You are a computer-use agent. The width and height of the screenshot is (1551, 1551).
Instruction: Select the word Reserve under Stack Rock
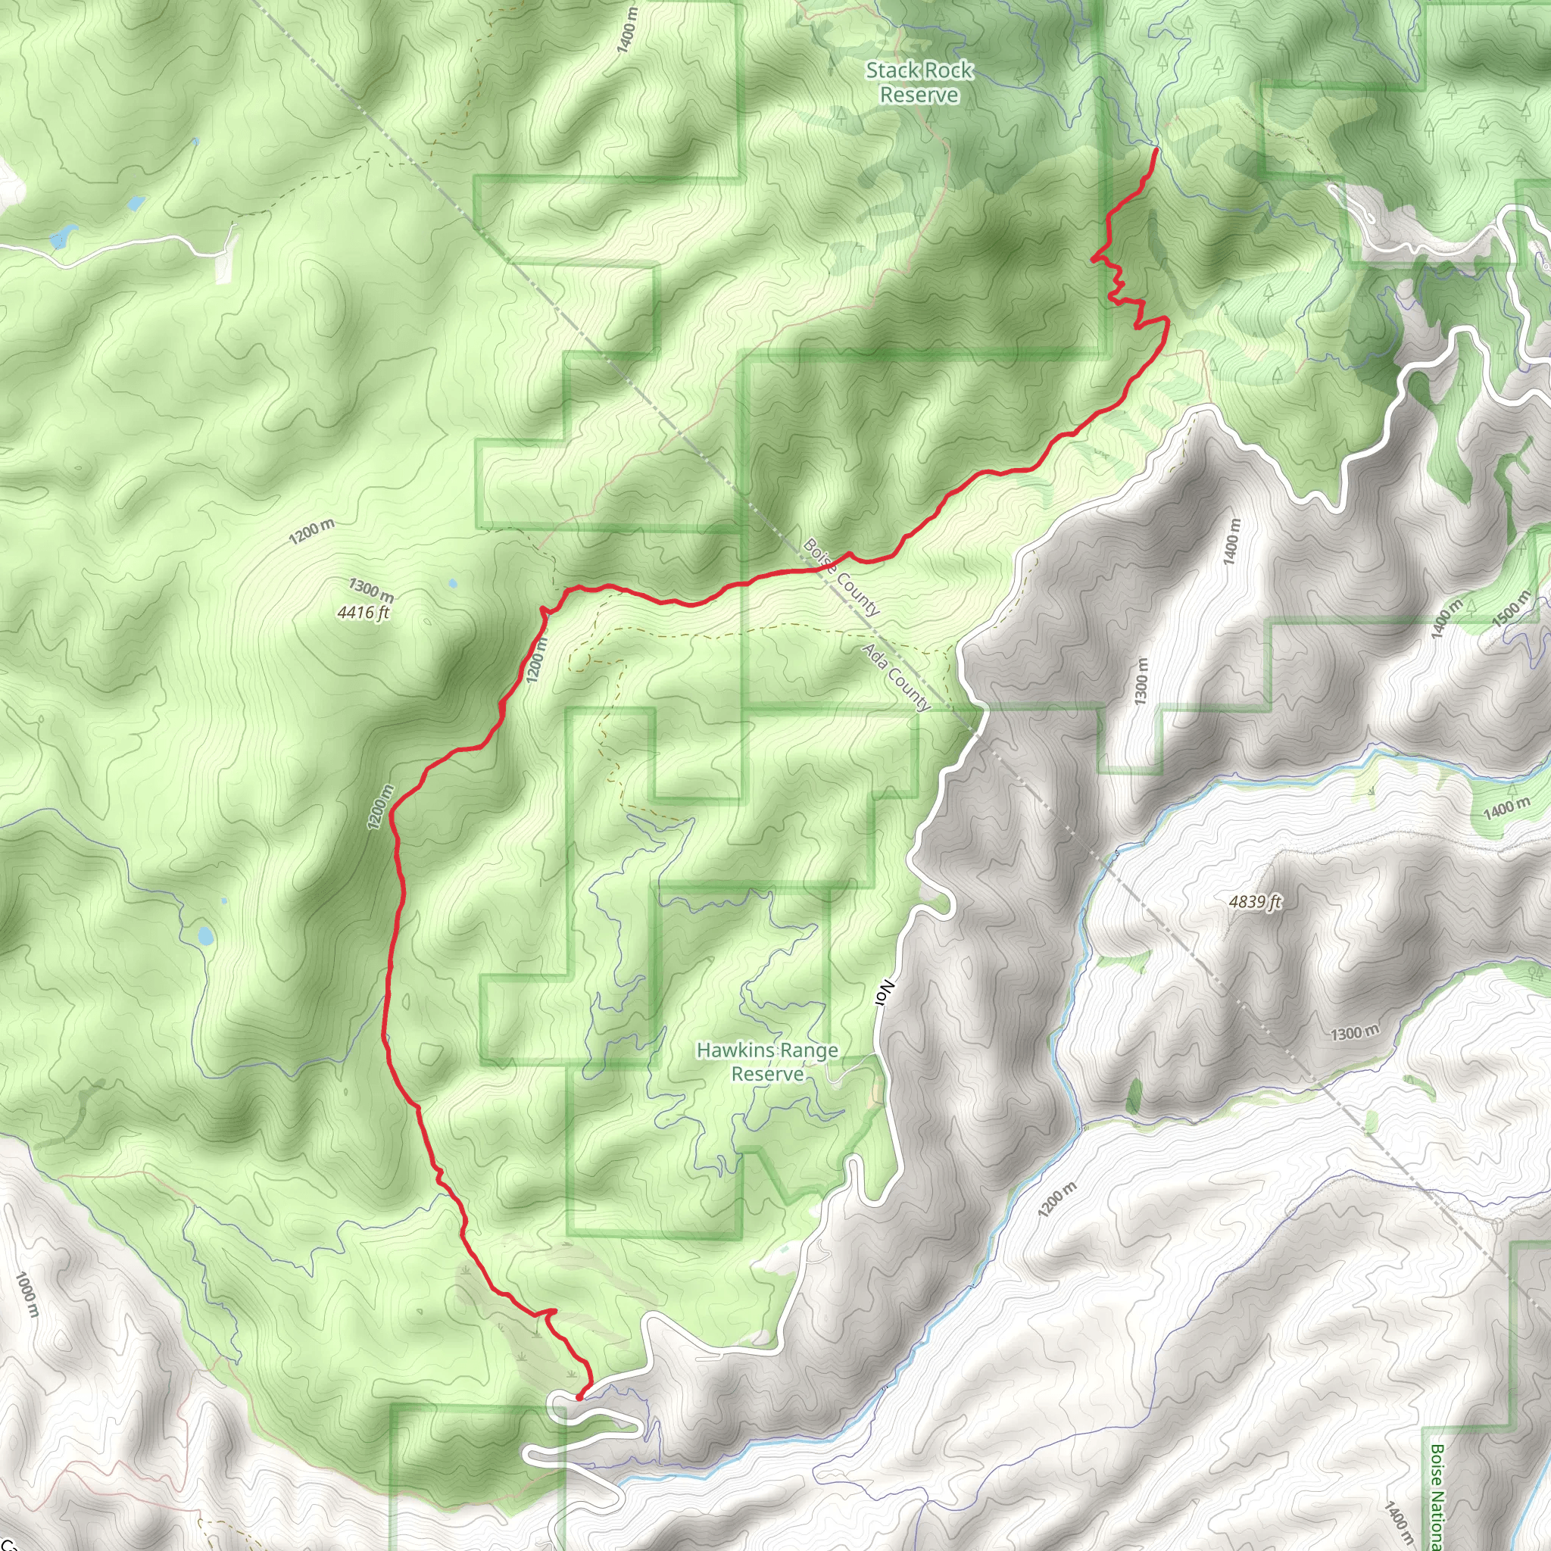919,95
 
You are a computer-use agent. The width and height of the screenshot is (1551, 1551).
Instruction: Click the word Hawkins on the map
735,1050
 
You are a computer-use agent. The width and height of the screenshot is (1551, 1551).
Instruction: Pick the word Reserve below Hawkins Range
767,1074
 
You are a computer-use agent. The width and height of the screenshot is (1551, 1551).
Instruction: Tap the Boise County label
841,576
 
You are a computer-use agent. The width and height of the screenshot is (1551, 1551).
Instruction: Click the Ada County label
896,676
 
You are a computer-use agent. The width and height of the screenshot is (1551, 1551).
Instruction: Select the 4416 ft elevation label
364,613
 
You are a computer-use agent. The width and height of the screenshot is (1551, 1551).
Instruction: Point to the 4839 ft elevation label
1255,902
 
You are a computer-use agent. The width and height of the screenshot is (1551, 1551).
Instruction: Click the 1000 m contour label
27,1294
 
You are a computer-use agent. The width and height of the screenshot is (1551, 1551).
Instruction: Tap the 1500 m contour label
1512,607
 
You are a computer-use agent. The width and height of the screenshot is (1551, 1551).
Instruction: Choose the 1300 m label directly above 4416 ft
371,590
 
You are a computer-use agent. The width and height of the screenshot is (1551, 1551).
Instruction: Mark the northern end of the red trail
1155,149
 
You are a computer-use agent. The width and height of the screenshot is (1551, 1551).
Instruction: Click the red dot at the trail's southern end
579,1398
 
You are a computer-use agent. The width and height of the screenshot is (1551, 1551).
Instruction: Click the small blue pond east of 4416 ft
453,583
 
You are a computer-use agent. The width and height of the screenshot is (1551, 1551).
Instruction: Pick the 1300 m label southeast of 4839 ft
1354,1032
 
